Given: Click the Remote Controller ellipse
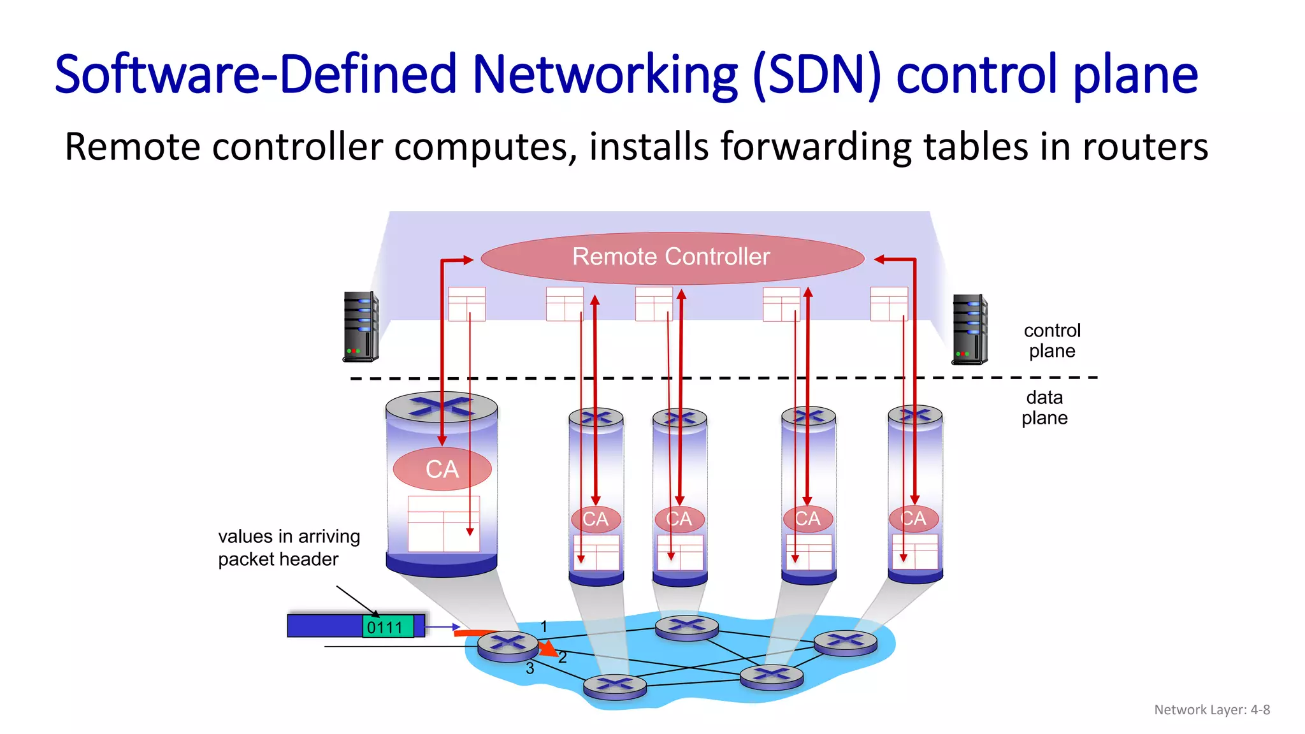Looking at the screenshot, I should [x=672, y=257].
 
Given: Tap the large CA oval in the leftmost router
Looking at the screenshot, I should [x=442, y=469].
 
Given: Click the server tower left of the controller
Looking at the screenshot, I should [x=361, y=327].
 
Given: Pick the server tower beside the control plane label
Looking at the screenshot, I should [x=969, y=329].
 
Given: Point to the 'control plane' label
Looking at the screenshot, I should [x=1051, y=341].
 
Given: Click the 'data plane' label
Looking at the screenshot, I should [x=1044, y=408].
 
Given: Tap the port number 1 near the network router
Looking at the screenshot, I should [x=544, y=626].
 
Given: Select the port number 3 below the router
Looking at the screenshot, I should [x=530, y=668].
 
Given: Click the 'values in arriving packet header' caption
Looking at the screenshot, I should [x=289, y=547].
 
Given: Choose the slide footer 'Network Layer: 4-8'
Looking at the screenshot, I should [x=1211, y=710].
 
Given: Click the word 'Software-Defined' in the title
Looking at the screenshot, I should [x=256, y=75].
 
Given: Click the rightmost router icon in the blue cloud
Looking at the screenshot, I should [x=845, y=642].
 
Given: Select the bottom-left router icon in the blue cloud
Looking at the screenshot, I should [x=615, y=686].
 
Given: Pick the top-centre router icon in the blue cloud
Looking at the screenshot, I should [x=686, y=627].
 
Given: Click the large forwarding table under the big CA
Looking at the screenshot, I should [x=443, y=524].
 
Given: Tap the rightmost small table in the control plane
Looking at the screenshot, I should [x=888, y=304].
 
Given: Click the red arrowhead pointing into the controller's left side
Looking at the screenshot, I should [x=468, y=259].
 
